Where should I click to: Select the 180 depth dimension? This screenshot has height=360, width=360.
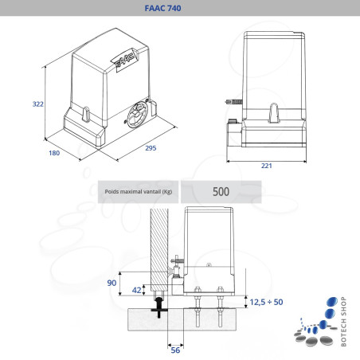pos(53,152)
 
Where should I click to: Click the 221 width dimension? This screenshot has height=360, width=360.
pos(266,166)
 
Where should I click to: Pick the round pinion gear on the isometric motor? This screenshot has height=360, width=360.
pos(138,112)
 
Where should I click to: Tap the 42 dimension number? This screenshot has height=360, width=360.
pos(139,290)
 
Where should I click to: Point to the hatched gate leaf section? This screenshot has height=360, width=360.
pos(158,247)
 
